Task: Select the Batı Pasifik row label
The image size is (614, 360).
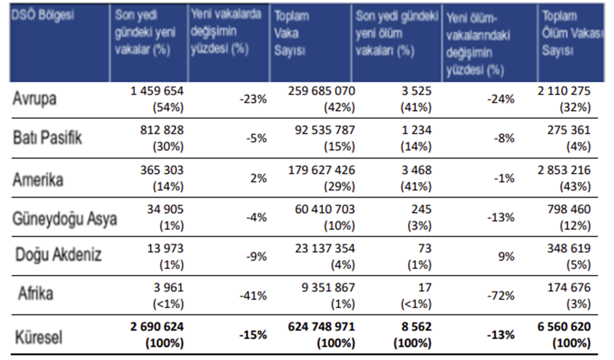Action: point(47,138)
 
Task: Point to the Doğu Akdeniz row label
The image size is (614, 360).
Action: point(58,254)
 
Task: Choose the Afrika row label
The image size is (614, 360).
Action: point(36,293)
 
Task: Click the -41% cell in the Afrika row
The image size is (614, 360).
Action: point(253,296)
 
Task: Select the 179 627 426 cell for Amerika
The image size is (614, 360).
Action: point(321,171)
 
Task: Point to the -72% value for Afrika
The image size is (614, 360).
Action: point(501,296)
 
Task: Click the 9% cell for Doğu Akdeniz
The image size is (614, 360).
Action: point(507,256)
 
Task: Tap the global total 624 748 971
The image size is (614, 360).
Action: point(321,327)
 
